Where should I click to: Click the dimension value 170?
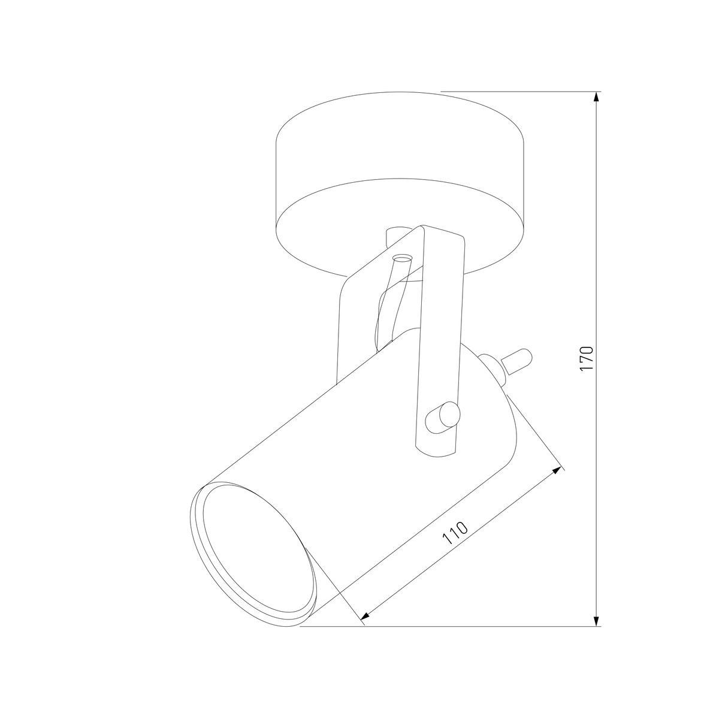587,359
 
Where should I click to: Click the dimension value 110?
455,533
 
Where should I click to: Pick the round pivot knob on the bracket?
442,416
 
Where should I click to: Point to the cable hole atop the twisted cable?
401,258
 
